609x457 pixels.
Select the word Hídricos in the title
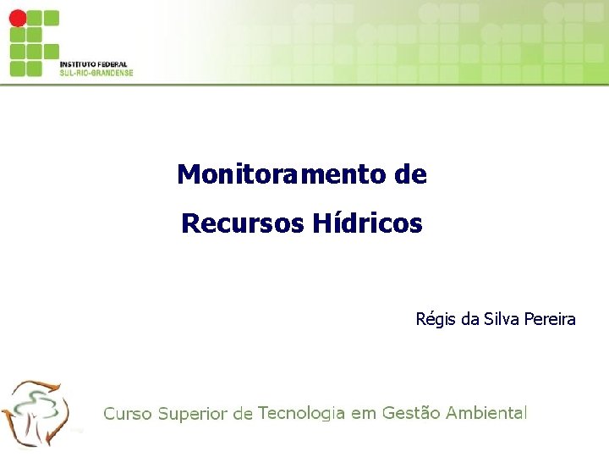(367, 224)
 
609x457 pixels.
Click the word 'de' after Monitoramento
(410, 175)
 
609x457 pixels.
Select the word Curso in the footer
(128, 414)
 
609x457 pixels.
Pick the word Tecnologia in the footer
(302, 413)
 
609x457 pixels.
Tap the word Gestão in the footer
(410, 413)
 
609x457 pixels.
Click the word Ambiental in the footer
(486, 413)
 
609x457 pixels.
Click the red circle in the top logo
(18, 18)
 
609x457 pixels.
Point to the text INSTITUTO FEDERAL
(93, 64)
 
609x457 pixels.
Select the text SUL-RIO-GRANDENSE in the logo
(96, 73)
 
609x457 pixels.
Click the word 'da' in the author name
(470, 320)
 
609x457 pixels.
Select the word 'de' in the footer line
(243, 414)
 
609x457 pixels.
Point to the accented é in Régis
(428, 320)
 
